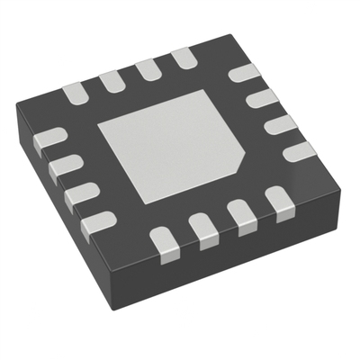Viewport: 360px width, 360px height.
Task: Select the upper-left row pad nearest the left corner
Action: [74, 91]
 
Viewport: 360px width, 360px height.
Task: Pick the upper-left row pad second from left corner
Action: [112, 80]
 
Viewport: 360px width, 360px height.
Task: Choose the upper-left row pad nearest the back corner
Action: [184, 59]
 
